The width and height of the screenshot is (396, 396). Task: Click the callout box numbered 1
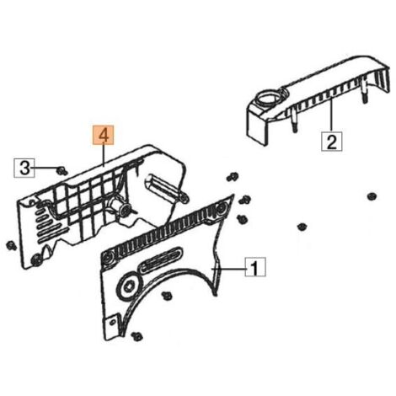255,267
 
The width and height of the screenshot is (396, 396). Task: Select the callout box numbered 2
332,142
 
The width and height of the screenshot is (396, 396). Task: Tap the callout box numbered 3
24,168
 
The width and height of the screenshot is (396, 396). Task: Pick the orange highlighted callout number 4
104,135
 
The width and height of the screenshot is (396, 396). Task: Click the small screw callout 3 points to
61,170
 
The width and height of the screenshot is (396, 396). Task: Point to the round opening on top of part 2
268,99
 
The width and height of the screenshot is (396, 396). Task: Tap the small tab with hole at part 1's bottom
112,323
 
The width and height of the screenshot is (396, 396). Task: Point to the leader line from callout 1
228,269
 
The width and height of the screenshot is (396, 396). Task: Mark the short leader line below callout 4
104,155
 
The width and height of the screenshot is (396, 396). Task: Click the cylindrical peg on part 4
164,188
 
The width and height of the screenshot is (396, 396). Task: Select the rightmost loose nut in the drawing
372,196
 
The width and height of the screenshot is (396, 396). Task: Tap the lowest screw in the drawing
137,336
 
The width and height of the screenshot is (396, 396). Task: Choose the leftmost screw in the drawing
12,246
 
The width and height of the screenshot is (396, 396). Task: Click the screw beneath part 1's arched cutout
168,296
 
